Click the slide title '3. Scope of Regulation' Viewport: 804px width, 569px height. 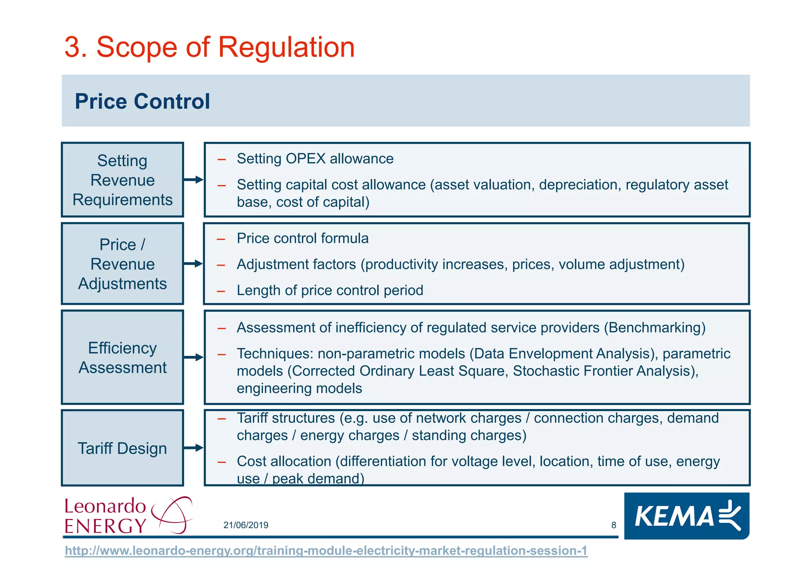209,47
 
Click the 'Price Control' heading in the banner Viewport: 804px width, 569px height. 142,101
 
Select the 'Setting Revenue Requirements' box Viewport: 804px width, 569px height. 122,180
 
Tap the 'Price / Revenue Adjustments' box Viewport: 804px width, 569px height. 122,264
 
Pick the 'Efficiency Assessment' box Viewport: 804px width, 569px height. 122,357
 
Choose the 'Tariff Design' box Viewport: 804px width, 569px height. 122,448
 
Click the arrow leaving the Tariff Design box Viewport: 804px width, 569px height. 194,448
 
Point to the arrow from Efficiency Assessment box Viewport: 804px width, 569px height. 194,357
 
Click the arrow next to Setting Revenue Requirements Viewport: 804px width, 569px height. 194,180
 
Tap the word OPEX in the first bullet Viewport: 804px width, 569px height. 305,159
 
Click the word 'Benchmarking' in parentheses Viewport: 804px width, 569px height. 654,327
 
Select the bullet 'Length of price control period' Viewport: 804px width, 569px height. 330,290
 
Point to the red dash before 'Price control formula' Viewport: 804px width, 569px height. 221,239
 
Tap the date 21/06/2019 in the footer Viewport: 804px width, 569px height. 246,525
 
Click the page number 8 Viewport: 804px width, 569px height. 614,525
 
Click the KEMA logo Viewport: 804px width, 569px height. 687,516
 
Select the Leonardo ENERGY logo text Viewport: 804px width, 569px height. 105,516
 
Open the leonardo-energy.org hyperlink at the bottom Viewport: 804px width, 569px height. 326,551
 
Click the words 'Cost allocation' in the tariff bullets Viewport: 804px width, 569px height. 284,461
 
